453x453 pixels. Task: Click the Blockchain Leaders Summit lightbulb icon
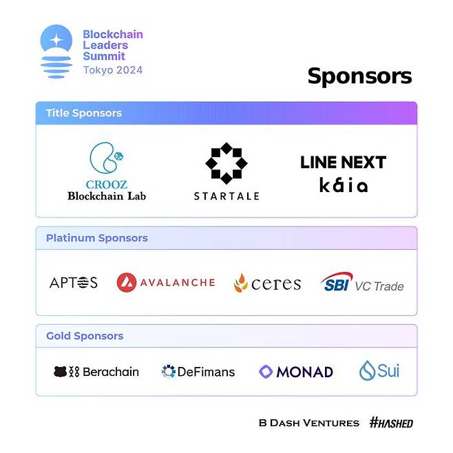[56, 52]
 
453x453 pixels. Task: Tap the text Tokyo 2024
[113, 70]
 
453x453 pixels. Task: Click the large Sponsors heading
[359, 76]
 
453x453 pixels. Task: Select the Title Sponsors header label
[84, 113]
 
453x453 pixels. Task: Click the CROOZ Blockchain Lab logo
[107, 171]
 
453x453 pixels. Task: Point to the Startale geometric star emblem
[226, 163]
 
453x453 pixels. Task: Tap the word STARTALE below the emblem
[226, 196]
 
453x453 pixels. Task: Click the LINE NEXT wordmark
[344, 162]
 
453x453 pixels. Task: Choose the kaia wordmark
[344, 185]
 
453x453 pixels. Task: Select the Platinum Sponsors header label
[97, 238]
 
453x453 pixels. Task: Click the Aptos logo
[74, 282]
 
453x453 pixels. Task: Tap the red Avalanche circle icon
[126, 282]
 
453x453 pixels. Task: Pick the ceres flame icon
[241, 283]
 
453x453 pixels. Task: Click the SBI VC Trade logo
[362, 282]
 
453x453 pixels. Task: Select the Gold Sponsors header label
[85, 336]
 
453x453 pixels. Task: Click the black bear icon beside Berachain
[61, 372]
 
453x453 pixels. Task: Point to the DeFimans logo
[198, 372]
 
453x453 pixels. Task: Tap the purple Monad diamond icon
[266, 372]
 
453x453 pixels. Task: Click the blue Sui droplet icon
[367, 370]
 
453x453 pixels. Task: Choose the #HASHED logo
[391, 423]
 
